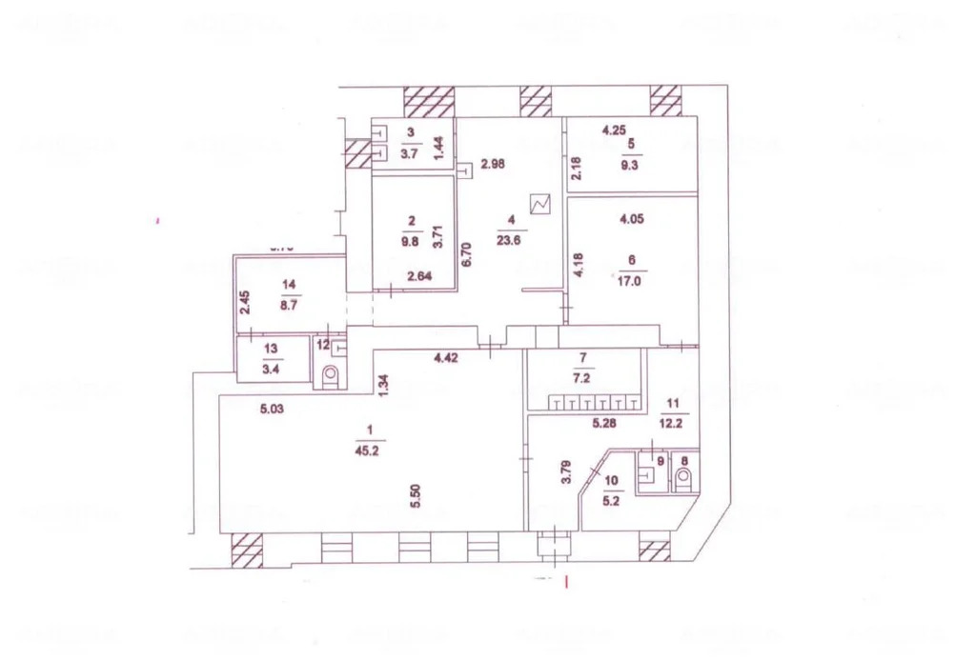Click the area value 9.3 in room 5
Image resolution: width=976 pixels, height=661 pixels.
point(629,163)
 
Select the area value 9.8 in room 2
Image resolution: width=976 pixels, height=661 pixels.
point(412,241)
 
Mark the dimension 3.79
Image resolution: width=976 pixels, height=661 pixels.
point(564,472)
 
